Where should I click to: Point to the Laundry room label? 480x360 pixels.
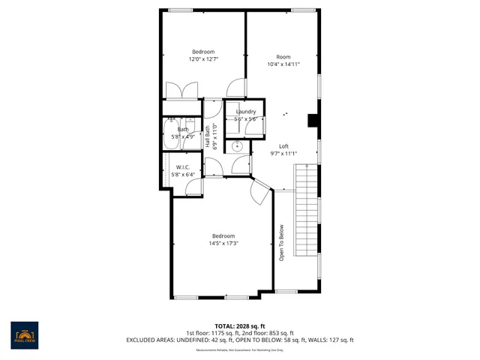[246, 112]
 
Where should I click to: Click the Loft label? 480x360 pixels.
[283, 146]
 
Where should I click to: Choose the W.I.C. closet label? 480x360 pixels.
[182, 167]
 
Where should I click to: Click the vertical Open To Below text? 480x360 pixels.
[282, 243]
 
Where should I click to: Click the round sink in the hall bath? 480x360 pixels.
[238, 147]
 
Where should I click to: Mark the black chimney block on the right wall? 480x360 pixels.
[313, 121]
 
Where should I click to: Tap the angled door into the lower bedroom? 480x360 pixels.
[259, 193]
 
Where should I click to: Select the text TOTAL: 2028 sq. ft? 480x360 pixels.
[239, 326]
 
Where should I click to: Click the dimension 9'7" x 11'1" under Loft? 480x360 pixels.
[283, 154]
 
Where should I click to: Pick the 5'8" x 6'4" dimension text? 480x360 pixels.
[182, 175]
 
